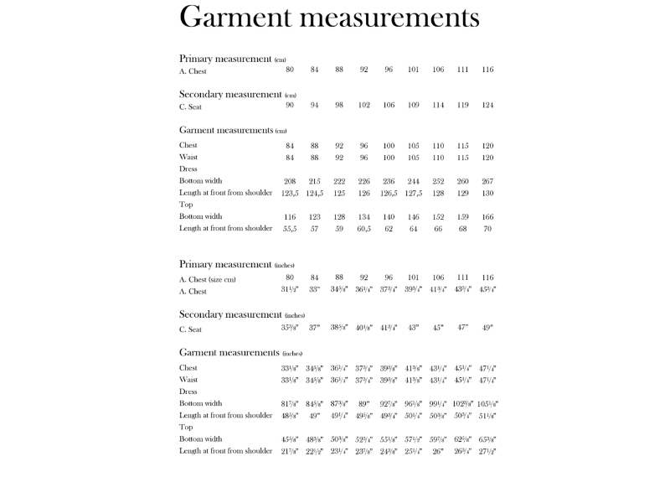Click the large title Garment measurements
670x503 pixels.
(329, 18)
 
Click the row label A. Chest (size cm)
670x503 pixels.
(208, 278)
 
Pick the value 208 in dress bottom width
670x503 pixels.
(290, 181)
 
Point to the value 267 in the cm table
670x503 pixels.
(487, 181)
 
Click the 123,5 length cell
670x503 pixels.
(290, 193)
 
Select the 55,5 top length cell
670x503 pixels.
(290, 229)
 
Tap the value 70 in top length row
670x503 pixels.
(487, 229)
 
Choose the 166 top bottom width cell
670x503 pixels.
(487, 217)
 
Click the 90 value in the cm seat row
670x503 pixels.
(290, 106)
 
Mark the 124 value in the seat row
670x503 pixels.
(487, 106)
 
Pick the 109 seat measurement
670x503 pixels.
(413, 106)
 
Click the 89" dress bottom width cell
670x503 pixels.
(363, 403)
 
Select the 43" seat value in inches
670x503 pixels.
(413, 328)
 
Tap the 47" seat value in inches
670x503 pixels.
(462, 328)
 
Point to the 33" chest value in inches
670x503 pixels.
(314, 290)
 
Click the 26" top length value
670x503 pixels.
(438, 451)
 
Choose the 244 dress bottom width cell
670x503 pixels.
(413, 181)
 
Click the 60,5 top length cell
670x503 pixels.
(363, 229)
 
